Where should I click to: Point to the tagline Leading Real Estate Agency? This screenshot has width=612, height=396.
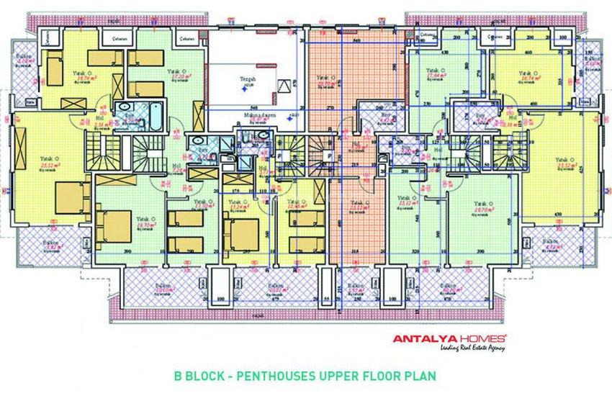(472, 348)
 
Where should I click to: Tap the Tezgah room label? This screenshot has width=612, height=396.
(248, 79)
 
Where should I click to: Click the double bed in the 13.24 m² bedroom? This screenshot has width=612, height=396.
(241, 232)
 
